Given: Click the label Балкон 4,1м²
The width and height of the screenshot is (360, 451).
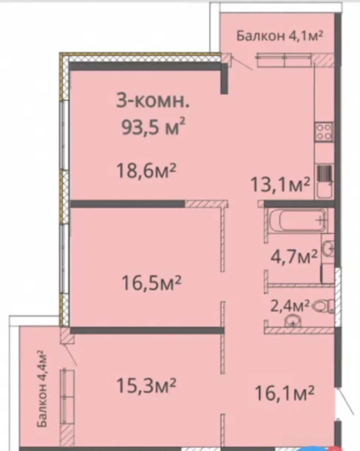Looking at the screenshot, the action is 279,36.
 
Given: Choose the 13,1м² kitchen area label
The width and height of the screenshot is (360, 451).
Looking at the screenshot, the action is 280,184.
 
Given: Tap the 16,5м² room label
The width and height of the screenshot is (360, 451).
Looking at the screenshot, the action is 151,283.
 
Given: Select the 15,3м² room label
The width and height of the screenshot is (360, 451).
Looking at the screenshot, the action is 146,385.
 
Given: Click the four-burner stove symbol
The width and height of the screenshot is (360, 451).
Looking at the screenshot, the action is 324,132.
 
